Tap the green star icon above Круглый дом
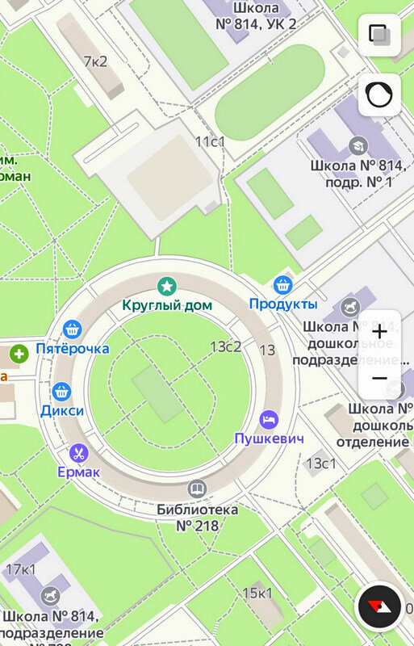click(x=166, y=285)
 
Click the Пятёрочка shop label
click(x=73, y=349)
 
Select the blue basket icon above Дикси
click(x=62, y=392)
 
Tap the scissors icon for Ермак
click(x=78, y=452)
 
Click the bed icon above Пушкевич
click(x=269, y=420)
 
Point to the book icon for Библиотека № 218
click(x=196, y=489)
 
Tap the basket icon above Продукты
click(x=282, y=284)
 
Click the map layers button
click(x=379, y=34)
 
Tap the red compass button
click(x=378, y=605)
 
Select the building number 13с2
click(x=226, y=346)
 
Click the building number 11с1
click(x=211, y=141)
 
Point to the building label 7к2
click(x=95, y=61)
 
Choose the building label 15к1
click(x=257, y=594)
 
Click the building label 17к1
click(x=22, y=570)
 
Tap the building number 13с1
click(x=321, y=463)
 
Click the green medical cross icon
click(x=19, y=353)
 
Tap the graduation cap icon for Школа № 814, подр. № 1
click(x=357, y=145)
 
